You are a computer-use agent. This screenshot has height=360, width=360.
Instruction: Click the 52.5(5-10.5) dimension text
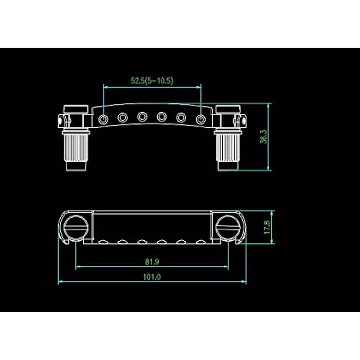152,81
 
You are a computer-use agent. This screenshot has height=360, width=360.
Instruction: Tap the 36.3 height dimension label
264,137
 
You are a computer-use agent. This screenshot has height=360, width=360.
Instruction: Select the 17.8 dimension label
267,227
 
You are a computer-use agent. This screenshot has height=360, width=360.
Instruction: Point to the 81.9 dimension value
152,261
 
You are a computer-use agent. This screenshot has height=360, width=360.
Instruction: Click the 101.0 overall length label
152,277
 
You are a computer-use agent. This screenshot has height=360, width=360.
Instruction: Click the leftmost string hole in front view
103,119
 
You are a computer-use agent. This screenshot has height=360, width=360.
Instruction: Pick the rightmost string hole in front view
201,119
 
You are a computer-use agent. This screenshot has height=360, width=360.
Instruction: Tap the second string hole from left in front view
122,118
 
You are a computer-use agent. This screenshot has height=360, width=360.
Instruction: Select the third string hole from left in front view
142,117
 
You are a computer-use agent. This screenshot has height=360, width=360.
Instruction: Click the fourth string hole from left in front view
162,117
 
